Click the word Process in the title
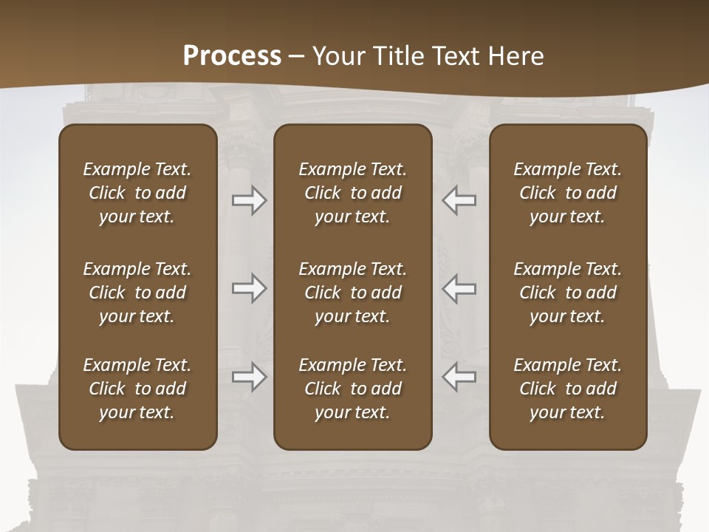click(x=232, y=56)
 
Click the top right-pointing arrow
click(x=250, y=200)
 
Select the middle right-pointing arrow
click(x=250, y=288)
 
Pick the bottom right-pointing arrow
click(x=250, y=377)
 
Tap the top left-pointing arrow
click(x=459, y=200)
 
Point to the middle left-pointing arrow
click(x=459, y=288)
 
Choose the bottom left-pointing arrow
click(x=459, y=377)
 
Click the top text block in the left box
click(x=137, y=193)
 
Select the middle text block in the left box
click(x=137, y=293)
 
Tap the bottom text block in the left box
click(x=137, y=389)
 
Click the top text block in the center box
click(x=353, y=193)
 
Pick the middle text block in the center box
click(x=353, y=293)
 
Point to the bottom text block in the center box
click(x=353, y=389)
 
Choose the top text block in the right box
click(x=568, y=193)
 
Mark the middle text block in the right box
click(x=568, y=293)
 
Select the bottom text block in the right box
click(x=568, y=389)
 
